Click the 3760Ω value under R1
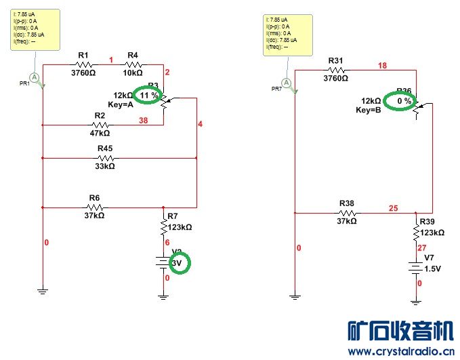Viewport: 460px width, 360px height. [x=83, y=73]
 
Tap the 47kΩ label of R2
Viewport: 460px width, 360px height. [x=100, y=134]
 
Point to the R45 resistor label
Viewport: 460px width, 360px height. [x=105, y=148]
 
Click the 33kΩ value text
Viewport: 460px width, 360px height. [x=104, y=166]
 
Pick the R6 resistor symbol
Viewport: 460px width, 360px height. [x=95, y=207]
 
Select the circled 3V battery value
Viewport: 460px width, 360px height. [x=177, y=262]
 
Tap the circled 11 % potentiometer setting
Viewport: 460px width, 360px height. [x=149, y=96]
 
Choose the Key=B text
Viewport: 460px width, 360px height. [x=370, y=110]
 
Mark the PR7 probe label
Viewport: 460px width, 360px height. [x=276, y=89]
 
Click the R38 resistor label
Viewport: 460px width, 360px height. [x=346, y=203]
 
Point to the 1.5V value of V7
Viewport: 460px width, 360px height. [x=432, y=268]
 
